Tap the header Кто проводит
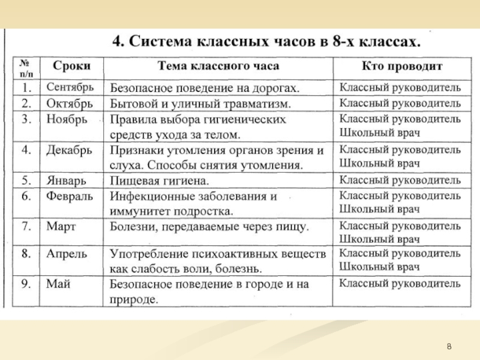(402, 65)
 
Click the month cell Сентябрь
(70, 88)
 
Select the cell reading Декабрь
(68, 149)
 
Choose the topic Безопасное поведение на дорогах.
(205, 88)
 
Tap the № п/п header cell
(26, 65)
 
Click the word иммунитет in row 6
(138, 211)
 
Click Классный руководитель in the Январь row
(400, 179)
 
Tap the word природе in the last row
(133, 298)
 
